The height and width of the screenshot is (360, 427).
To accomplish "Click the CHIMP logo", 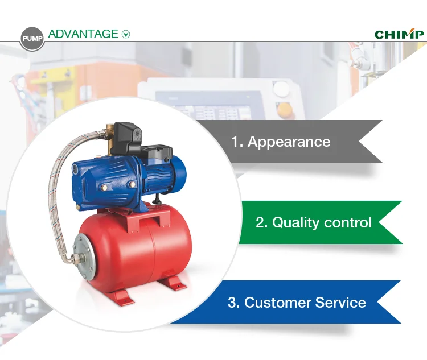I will (399, 34).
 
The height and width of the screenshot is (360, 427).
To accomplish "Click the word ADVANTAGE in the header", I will (83, 34).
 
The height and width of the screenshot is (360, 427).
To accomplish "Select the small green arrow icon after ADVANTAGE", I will (126, 34).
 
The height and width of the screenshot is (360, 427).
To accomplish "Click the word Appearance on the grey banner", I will (289, 142).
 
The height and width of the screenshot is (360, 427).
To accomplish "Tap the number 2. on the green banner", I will (261, 222).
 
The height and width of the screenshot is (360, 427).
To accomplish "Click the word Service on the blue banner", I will (340, 303).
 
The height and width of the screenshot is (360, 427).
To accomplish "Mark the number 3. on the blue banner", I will (233, 303).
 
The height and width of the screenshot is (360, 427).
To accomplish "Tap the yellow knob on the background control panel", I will (282, 106).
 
